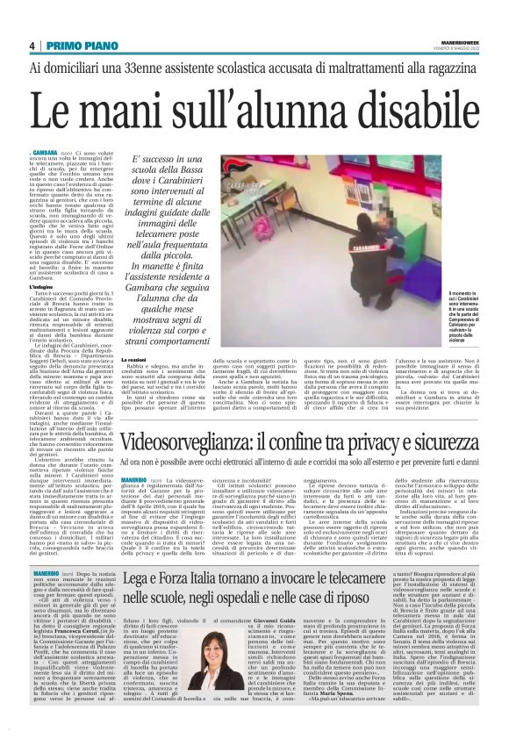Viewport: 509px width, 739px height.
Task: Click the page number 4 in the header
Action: tap(31, 46)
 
